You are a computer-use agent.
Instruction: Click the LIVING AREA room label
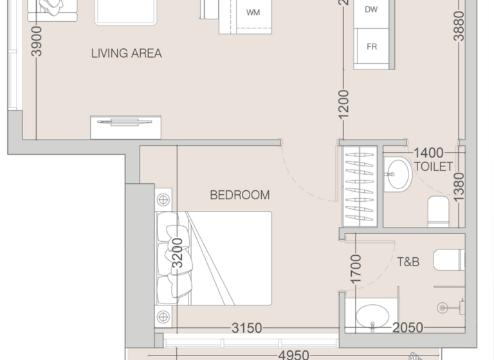pyautogui.click(x=126, y=53)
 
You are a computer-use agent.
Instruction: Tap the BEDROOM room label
pyautogui.click(x=240, y=195)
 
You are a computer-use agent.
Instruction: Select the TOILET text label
pyautogui.click(x=434, y=166)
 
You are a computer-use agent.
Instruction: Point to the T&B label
pyautogui.click(x=408, y=262)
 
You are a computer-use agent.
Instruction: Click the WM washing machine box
pyautogui.click(x=253, y=12)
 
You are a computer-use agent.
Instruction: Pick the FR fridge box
pyautogui.click(x=372, y=47)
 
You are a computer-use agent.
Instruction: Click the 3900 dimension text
pyautogui.click(x=37, y=41)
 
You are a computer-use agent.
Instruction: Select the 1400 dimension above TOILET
pyautogui.click(x=428, y=153)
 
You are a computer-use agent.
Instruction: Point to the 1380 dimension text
pyautogui.click(x=458, y=188)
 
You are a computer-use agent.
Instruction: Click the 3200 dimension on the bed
pyautogui.click(x=178, y=253)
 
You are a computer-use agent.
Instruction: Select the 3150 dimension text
pyautogui.click(x=247, y=328)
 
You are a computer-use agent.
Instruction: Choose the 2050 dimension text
pyautogui.click(x=408, y=328)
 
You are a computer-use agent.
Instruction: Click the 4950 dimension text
pyautogui.click(x=294, y=355)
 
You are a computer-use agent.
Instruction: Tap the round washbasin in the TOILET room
pyautogui.click(x=399, y=174)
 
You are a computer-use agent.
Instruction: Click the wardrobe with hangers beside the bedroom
pyautogui.click(x=359, y=186)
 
